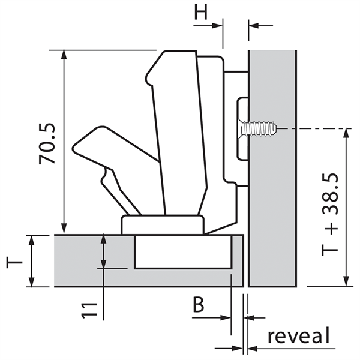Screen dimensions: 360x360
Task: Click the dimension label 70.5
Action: point(47,143)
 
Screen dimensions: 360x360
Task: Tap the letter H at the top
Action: point(200,12)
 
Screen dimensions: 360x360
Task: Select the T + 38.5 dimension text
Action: point(330,214)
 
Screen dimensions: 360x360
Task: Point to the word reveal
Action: point(299,336)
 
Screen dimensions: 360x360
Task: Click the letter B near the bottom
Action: point(199,305)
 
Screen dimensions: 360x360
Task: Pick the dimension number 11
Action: point(89,310)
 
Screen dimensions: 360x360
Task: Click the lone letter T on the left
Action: point(14,262)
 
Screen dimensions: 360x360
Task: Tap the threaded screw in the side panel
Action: point(257,128)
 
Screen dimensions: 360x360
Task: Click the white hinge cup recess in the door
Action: point(183,251)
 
